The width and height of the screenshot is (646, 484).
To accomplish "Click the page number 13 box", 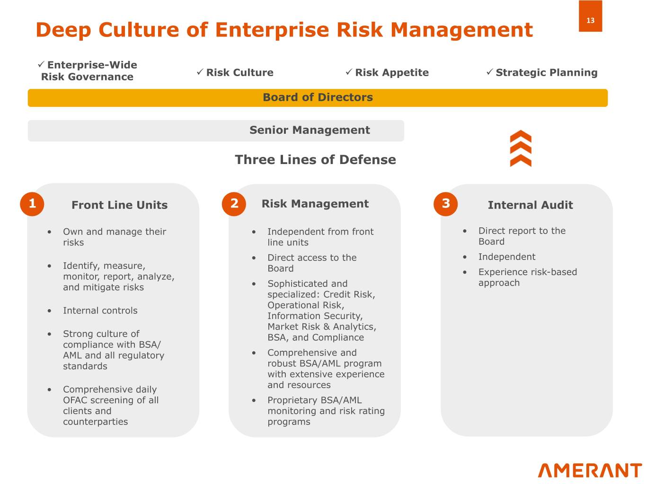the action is tap(590, 16).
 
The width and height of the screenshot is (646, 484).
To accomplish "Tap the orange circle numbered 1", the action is tap(32, 204).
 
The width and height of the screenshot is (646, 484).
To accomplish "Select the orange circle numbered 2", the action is tap(234, 204).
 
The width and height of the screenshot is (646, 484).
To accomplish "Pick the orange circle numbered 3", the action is tap(446, 204).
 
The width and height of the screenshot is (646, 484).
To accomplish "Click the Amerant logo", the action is tap(590, 470).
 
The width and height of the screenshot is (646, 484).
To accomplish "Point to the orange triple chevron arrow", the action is tap(521, 148).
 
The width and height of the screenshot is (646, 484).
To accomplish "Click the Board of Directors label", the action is tap(318, 97).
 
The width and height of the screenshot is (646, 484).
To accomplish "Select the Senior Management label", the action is tap(310, 130).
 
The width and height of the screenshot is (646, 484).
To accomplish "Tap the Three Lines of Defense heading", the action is tap(316, 160).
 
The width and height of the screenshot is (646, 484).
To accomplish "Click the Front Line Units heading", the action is tap(119, 205).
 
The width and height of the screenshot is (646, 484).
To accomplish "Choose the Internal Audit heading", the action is tap(531, 205).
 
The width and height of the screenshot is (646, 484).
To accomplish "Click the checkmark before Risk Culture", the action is tap(200, 72).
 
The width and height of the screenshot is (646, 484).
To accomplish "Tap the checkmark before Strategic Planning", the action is tap(490, 72).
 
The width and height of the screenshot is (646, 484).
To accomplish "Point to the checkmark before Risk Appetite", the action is tap(349, 72).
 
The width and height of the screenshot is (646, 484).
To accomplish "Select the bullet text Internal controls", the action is tap(100, 311).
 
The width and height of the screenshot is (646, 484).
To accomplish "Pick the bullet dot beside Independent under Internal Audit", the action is tap(465, 257).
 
